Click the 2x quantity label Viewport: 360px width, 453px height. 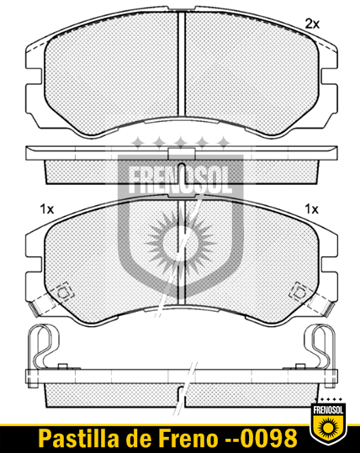[312, 24]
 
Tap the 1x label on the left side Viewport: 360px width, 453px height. [47, 209]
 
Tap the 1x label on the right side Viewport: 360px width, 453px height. [312, 209]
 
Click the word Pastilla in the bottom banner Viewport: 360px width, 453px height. [79, 438]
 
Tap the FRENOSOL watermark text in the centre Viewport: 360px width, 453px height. [180, 181]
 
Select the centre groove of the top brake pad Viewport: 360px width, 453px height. [182, 64]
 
